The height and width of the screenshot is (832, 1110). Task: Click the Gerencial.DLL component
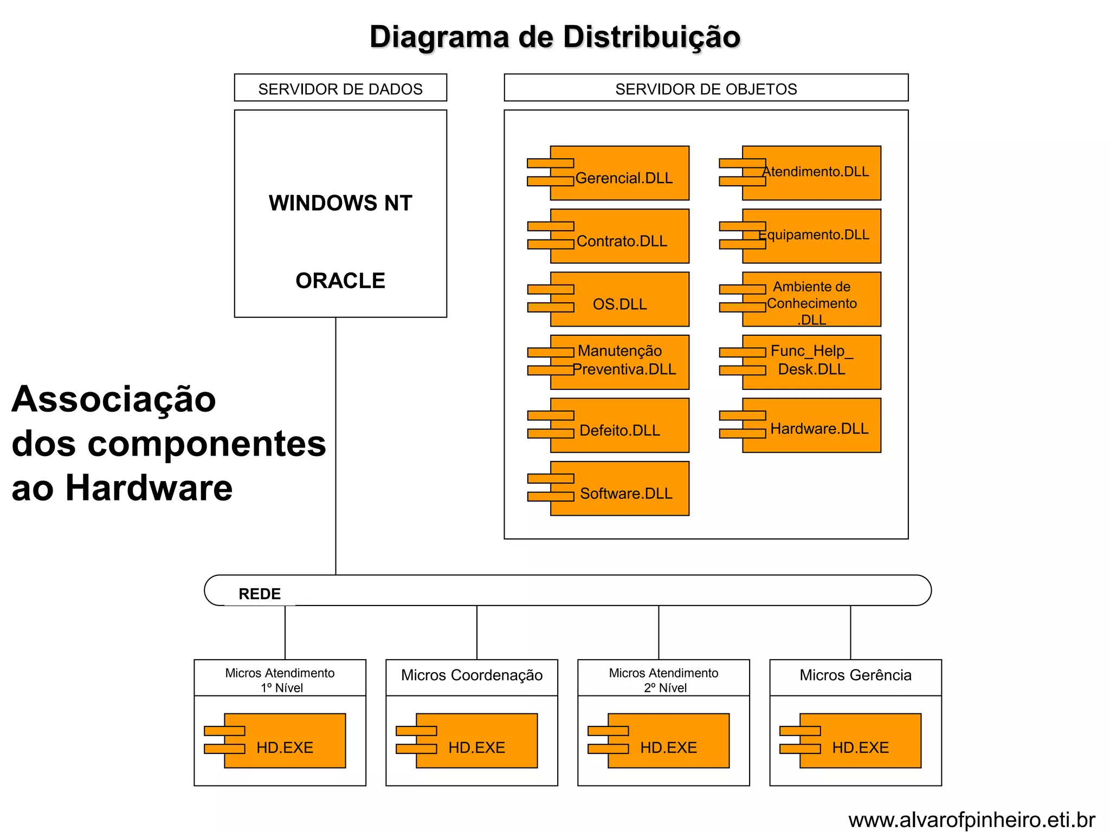tap(619, 173)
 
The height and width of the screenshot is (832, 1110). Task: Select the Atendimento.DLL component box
tap(811, 173)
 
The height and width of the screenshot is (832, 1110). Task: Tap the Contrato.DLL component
tap(619, 237)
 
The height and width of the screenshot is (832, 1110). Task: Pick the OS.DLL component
tap(619, 300)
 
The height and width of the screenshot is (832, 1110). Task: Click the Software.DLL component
tap(619, 489)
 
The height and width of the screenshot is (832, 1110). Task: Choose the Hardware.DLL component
tap(811, 426)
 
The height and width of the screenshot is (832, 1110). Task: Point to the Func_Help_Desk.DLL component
tap(811, 362)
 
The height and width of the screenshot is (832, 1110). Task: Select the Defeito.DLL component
tap(619, 426)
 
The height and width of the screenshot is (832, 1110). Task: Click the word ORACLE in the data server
tap(340, 281)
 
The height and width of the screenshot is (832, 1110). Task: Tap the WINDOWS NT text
tap(340, 203)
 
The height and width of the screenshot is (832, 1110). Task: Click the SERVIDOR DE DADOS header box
tap(340, 88)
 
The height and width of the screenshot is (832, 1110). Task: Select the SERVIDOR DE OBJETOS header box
tap(706, 88)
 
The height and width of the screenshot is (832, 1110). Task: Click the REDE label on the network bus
tap(260, 594)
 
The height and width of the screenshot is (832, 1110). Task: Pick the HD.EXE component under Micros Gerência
tap(860, 741)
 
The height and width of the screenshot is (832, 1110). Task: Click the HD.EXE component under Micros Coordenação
tap(476, 741)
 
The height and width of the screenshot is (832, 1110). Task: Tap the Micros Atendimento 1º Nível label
tap(280, 680)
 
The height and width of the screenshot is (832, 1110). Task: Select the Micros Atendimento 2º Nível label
tap(663, 680)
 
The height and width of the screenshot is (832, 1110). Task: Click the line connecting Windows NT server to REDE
tap(336, 444)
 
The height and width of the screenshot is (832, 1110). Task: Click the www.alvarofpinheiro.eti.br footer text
tap(971, 820)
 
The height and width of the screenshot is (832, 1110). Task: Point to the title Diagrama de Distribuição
tap(555, 37)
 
